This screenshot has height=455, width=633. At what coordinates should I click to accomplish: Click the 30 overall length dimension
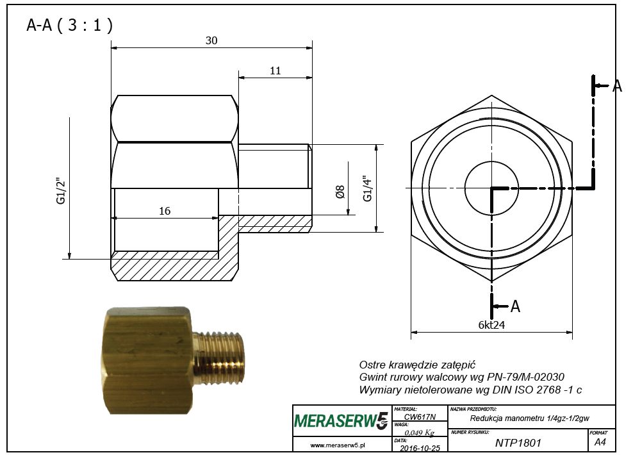click(211, 40)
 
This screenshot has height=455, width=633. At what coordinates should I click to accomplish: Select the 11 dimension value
click(275, 70)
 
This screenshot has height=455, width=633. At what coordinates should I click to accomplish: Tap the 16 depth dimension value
click(165, 211)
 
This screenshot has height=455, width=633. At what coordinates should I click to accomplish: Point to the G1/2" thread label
click(61, 190)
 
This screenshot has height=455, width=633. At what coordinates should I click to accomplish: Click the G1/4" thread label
click(367, 188)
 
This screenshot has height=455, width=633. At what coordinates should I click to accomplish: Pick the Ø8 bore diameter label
click(340, 192)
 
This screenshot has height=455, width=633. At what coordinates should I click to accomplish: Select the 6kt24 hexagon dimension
click(491, 325)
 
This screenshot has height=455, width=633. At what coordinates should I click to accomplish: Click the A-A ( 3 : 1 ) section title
click(69, 25)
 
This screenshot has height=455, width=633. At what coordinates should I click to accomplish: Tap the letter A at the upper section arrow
click(617, 86)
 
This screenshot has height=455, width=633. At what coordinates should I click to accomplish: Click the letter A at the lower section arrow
click(515, 306)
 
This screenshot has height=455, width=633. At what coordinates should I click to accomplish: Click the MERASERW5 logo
click(341, 420)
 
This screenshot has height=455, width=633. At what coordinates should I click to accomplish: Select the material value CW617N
click(420, 417)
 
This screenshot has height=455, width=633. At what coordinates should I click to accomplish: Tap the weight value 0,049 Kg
click(420, 433)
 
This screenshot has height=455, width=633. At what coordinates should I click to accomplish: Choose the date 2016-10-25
click(420, 448)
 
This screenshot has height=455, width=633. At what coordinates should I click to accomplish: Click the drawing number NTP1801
click(518, 443)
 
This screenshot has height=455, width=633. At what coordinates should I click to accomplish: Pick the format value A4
click(600, 442)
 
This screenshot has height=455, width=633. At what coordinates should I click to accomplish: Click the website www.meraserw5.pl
click(338, 445)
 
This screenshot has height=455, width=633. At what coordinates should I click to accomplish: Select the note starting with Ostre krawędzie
click(418, 365)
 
